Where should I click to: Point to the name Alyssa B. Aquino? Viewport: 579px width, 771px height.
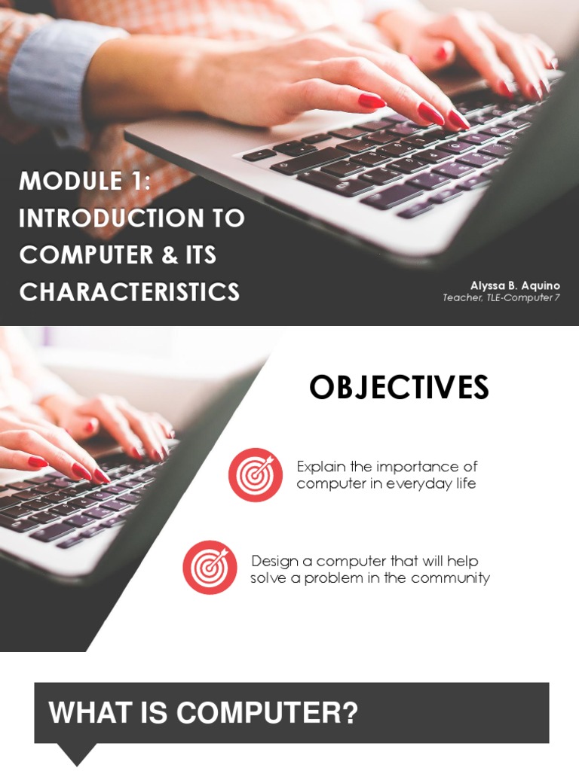pos(515,285)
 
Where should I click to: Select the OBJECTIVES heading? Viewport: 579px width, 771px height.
pos(399,388)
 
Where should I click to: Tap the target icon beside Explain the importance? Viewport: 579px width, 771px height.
pos(256,474)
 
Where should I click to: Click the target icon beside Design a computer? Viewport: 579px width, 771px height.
pos(210,567)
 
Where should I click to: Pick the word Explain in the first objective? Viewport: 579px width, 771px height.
pos(320,467)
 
